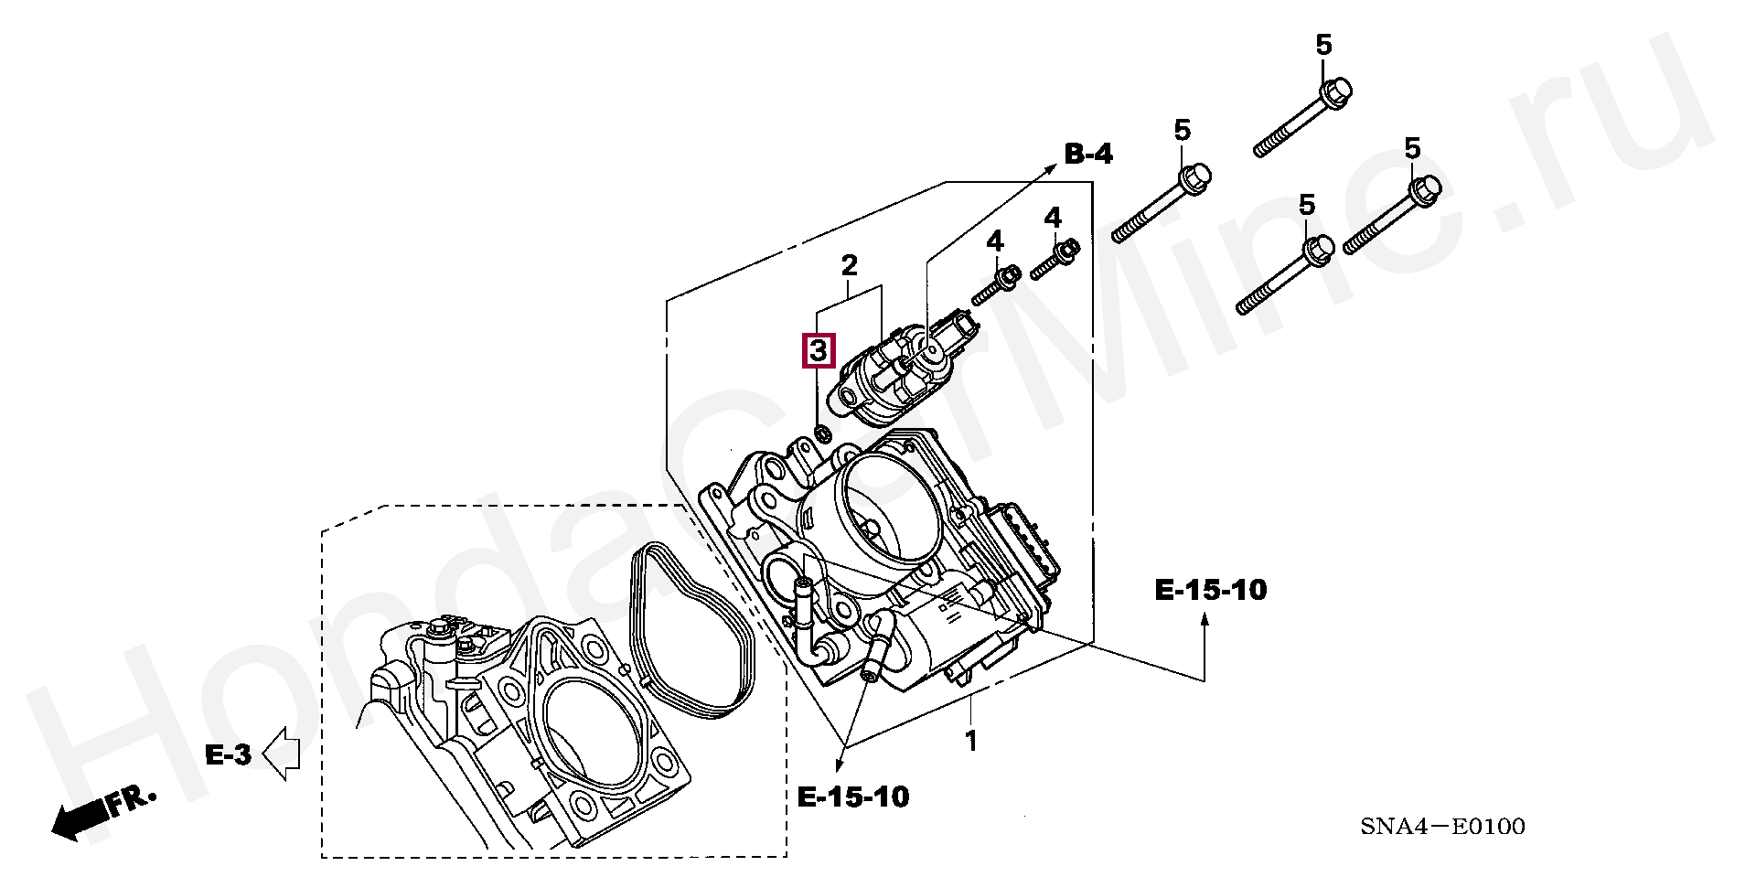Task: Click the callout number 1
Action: [x=971, y=742]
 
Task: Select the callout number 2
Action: [x=850, y=266]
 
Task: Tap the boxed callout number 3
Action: [x=819, y=350]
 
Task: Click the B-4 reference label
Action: [x=1088, y=155]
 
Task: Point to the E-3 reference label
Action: [x=228, y=754]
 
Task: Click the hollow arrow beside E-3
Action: [x=283, y=754]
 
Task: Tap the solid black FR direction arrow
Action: [x=78, y=821]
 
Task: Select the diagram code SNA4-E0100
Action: [x=1442, y=828]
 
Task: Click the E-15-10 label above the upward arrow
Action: [x=1211, y=590]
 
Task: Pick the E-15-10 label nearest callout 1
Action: [x=853, y=797]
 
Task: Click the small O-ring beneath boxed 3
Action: [x=821, y=432]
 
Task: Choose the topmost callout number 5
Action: [x=1324, y=44]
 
